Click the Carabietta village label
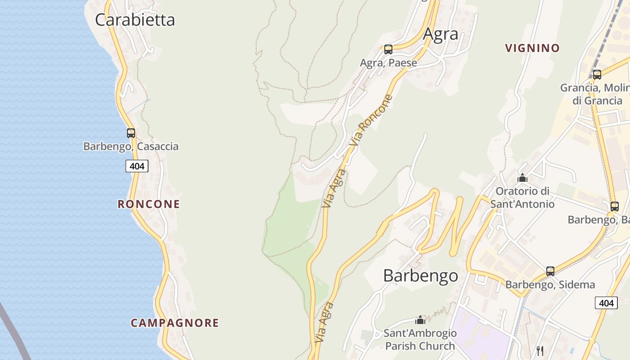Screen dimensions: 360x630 point(135,20)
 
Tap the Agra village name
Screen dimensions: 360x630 point(441,34)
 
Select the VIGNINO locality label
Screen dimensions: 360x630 point(532,48)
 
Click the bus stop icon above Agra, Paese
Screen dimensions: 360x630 point(388,49)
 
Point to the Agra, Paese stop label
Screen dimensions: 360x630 point(388,63)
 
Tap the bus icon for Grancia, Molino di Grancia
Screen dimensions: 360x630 point(597,75)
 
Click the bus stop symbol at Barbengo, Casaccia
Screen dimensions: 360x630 point(131,133)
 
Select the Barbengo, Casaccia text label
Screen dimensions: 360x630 point(131,146)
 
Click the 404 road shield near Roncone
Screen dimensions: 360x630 point(137,166)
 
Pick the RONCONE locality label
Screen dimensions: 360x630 point(149,204)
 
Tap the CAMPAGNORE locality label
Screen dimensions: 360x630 point(175,323)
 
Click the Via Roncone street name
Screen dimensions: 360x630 point(372,120)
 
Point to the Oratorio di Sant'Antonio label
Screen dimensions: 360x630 point(522,198)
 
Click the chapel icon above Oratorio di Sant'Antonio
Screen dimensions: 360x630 point(522,178)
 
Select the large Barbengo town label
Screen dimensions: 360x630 point(421,275)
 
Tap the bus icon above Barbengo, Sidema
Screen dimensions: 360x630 point(550,271)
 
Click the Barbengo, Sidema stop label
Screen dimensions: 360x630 point(550,284)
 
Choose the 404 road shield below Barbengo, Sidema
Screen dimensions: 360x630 point(606,303)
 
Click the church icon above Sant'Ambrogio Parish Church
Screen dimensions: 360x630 point(420,320)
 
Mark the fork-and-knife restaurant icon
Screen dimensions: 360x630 point(540,351)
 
